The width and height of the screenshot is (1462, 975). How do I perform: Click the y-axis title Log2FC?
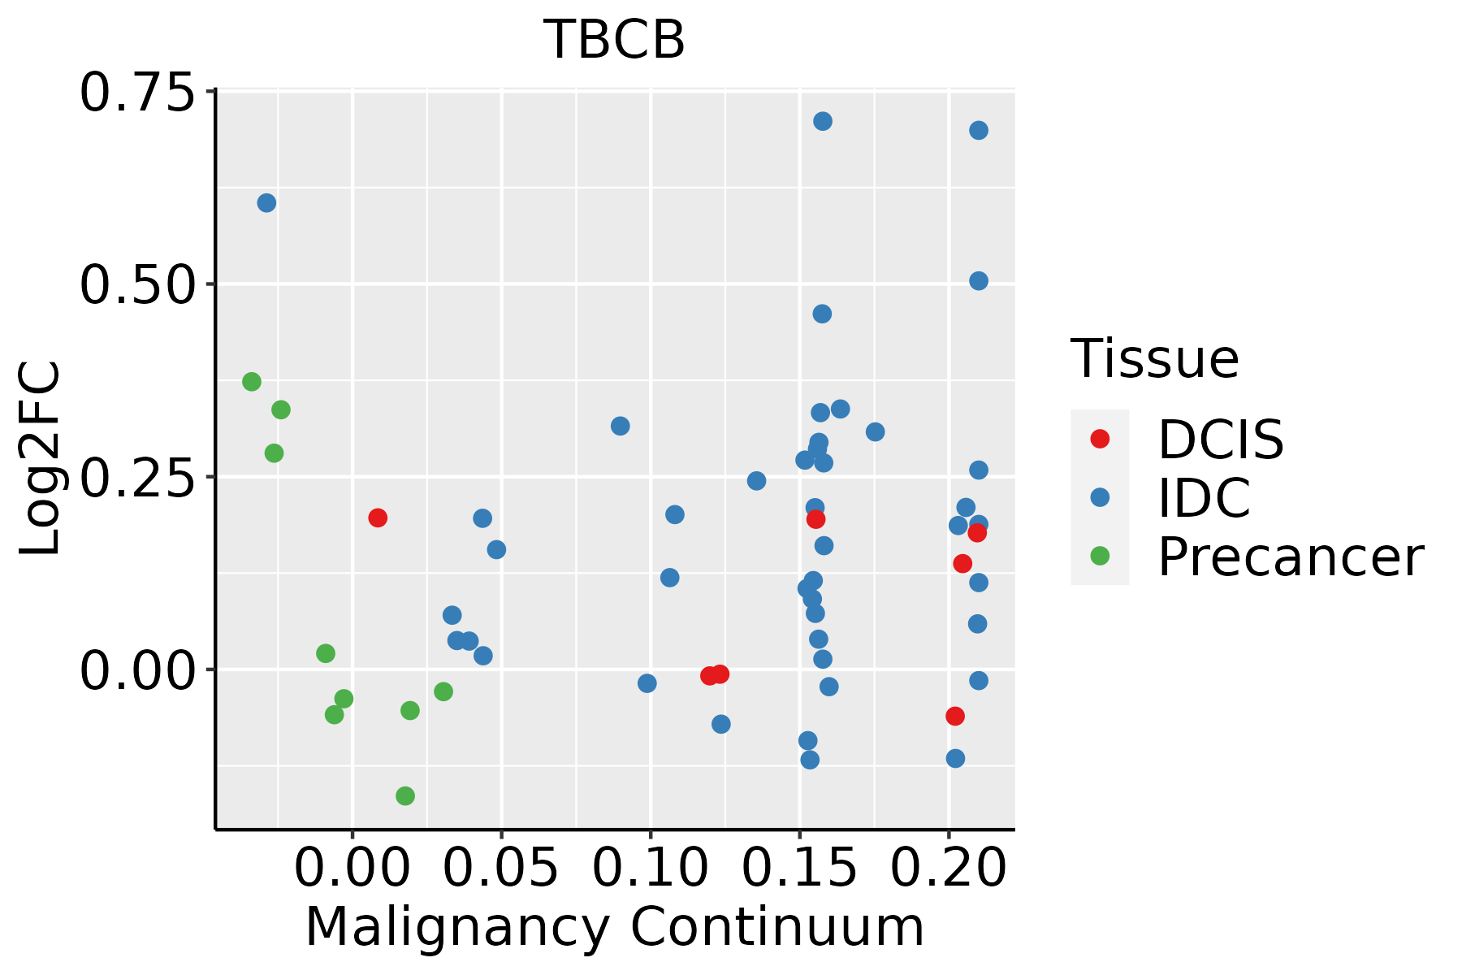(x=41, y=459)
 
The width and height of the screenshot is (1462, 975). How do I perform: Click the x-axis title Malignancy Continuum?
(x=614, y=928)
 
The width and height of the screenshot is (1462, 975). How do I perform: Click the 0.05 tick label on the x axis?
(x=501, y=868)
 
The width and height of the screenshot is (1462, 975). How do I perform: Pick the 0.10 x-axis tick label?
(x=651, y=868)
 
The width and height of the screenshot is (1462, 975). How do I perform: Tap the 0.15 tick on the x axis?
(x=800, y=868)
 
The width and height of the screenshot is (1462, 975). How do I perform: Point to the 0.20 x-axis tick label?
(x=949, y=868)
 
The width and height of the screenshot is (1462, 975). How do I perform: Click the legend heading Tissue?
(x=1154, y=358)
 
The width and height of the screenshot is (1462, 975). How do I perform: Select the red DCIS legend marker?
(x=1100, y=439)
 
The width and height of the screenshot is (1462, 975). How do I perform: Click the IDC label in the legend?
(x=1204, y=498)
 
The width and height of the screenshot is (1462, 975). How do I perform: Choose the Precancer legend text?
(x=1290, y=557)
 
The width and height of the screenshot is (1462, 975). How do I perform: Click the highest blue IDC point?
(x=823, y=122)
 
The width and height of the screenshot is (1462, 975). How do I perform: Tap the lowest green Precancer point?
(x=405, y=796)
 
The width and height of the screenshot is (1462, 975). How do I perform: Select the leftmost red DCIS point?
(x=378, y=518)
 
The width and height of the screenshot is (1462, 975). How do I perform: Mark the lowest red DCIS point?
(x=955, y=716)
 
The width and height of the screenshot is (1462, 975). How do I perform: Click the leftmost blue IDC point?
(x=266, y=203)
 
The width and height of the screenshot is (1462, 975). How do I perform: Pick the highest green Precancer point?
(x=252, y=382)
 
